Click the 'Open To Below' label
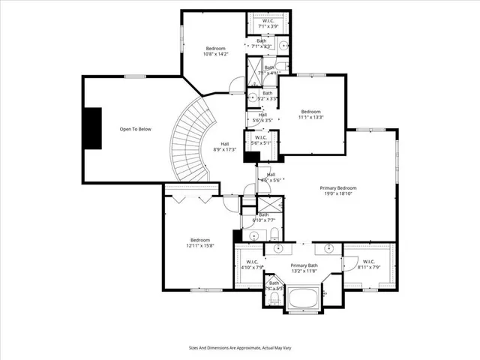tap(136, 130)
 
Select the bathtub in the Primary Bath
tap(304, 301)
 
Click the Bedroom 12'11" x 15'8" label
tap(199, 243)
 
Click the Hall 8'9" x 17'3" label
tap(224, 147)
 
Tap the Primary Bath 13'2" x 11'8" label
tap(304, 268)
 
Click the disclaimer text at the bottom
tap(239, 349)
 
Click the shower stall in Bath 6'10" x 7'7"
tap(269, 205)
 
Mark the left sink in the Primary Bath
tap(278, 248)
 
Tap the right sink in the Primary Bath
tap(329, 248)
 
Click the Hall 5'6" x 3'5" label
tap(258, 118)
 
